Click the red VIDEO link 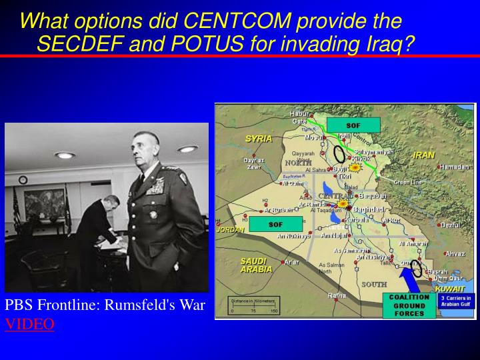[30, 324]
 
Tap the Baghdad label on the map [368, 209]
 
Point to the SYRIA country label [258, 139]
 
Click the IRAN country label [424, 155]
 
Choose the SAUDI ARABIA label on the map [256, 265]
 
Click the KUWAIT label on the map [449, 289]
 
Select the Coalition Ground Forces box [409, 305]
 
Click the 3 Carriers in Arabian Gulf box [457, 301]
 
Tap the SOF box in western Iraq [275, 225]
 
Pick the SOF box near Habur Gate [353, 125]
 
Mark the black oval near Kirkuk [339, 153]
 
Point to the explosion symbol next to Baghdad [344, 204]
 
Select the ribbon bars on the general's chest [154, 190]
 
